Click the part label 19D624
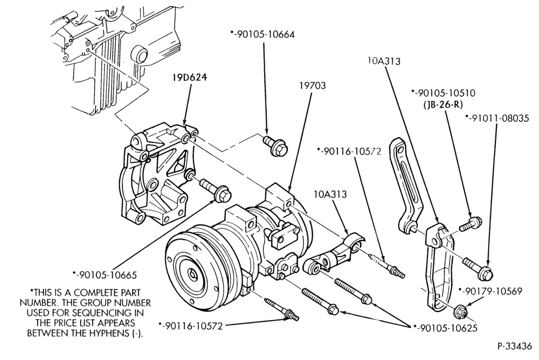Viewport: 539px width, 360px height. pos(189,78)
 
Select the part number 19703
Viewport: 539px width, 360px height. pos(313,85)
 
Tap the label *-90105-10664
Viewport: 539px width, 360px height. pos(262,34)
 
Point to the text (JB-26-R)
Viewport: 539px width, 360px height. pos(443,105)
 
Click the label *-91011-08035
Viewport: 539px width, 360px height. pos(497,118)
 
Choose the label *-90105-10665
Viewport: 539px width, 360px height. pos(105,275)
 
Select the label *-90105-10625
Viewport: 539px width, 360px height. pos(445,328)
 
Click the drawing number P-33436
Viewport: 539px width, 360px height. pos(514,346)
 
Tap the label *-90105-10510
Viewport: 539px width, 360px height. pos(443,93)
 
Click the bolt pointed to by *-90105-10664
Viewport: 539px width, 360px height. pos(275,146)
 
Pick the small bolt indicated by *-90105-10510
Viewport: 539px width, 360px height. pos(471,224)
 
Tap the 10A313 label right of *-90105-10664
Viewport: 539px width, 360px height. pos(384,61)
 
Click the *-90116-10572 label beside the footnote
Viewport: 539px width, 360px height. pos(190,326)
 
